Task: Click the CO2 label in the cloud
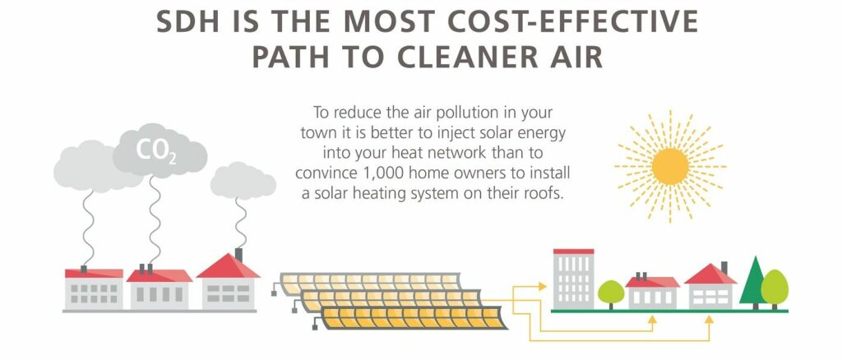tap(156, 150)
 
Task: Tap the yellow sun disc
tap(670, 166)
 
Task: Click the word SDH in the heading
tap(189, 21)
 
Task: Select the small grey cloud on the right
tap(243, 181)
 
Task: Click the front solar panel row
tap(414, 317)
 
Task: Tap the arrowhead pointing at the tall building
tap(542, 287)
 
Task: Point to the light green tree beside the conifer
tap(775, 288)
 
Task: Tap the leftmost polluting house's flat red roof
tap(94, 273)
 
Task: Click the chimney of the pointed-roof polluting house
tap(238, 254)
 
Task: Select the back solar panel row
tap(371, 283)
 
